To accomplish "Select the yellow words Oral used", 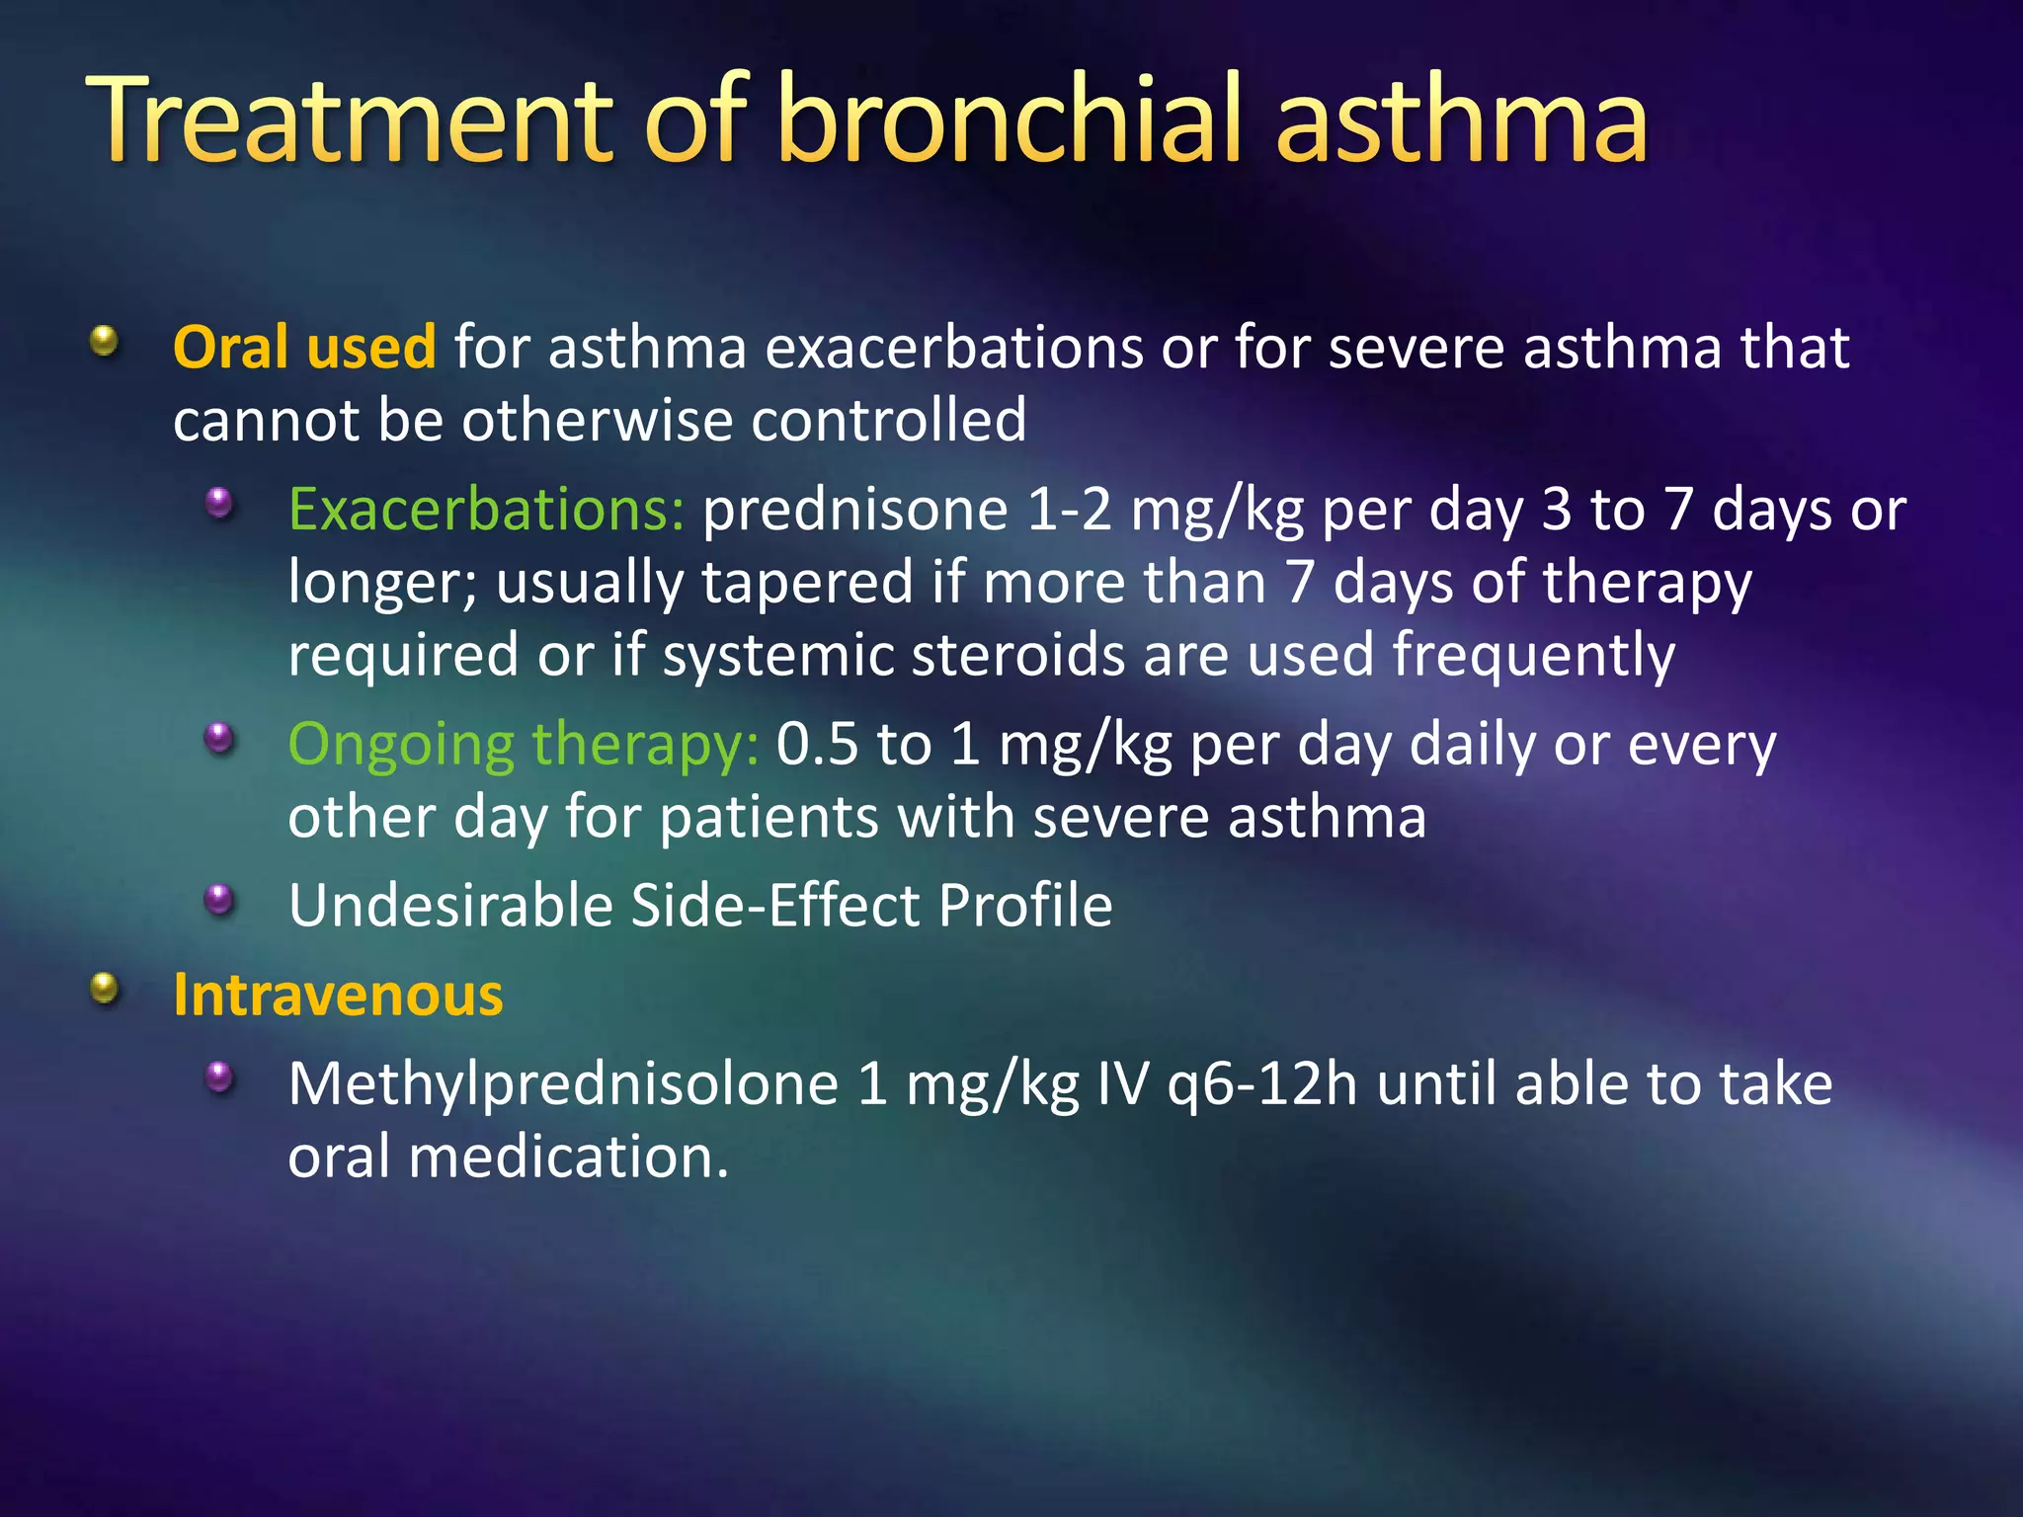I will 304,348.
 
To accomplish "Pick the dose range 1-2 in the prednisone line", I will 1069,511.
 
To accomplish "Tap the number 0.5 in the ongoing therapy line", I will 817,745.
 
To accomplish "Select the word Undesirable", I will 450,906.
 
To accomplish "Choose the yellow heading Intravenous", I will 338,996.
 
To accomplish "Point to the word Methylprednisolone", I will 563,1084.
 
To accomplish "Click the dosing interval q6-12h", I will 1262,1084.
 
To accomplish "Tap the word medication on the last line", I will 568,1157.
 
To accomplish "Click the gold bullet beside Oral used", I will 104,343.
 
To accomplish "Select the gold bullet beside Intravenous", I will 104,989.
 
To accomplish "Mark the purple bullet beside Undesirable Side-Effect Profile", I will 219,899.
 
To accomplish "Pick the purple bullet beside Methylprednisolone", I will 219,1078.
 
